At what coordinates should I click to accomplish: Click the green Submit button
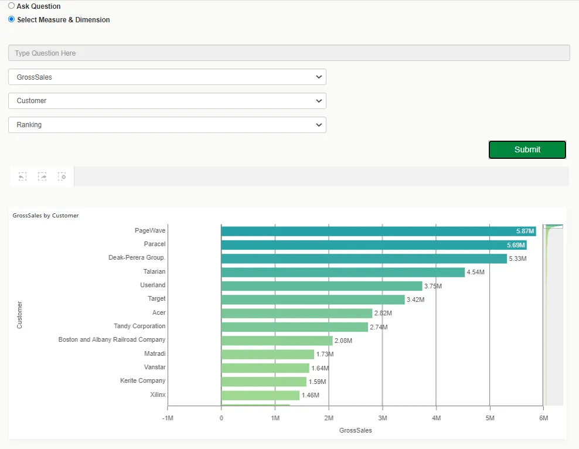point(527,149)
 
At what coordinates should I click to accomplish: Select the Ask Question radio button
point(12,6)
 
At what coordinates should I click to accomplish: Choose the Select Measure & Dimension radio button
point(12,19)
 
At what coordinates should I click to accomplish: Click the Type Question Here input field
point(289,53)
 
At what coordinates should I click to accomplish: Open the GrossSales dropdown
point(167,77)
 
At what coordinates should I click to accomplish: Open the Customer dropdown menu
point(167,101)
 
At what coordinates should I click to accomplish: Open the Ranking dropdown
point(167,125)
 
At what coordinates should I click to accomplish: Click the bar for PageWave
point(378,231)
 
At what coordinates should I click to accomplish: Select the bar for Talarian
point(342,272)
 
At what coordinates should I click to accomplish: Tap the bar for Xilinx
point(260,395)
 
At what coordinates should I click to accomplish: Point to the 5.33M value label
point(517,258)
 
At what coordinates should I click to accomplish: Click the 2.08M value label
point(343,341)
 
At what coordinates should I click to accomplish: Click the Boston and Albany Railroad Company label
point(112,339)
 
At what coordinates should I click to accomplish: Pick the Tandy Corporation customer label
point(139,326)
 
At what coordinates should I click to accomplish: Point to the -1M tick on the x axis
point(167,418)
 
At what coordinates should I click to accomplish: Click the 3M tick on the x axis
point(382,418)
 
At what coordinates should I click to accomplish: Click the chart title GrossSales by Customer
point(46,216)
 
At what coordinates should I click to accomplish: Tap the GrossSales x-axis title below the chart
point(355,430)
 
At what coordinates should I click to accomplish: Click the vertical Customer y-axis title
point(19,315)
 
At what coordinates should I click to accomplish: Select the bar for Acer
point(296,313)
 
